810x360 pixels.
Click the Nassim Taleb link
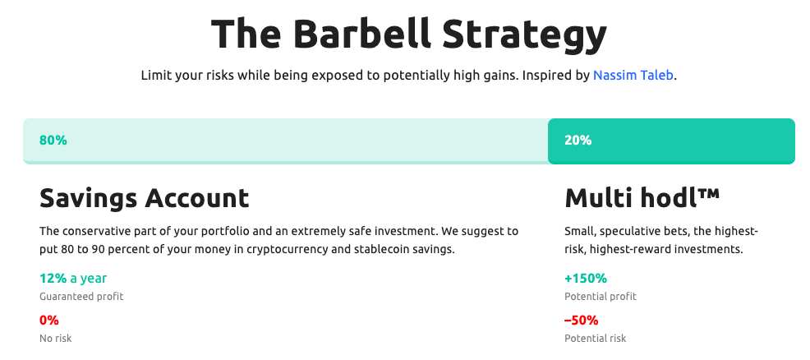pyautogui.click(x=633, y=76)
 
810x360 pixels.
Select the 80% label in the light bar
pyautogui.click(x=53, y=140)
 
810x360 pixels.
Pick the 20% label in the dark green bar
pyautogui.click(x=578, y=140)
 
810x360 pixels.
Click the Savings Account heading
pyautogui.click(x=144, y=198)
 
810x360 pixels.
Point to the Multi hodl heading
pyautogui.click(x=642, y=198)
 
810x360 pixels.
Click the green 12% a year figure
pyautogui.click(x=73, y=279)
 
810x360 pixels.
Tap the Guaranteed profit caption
pyautogui.click(x=81, y=297)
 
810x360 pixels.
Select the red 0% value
pyautogui.click(x=49, y=321)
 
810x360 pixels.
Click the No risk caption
pyautogui.click(x=56, y=339)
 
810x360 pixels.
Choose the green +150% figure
pyautogui.click(x=586, y=279)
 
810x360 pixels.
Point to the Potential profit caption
pyautogui.click(x=601, y=297)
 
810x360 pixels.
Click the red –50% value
pyautogui.click(x=581, y=321)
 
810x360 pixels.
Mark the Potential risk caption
pyautogui.click(x=595, y=339)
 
